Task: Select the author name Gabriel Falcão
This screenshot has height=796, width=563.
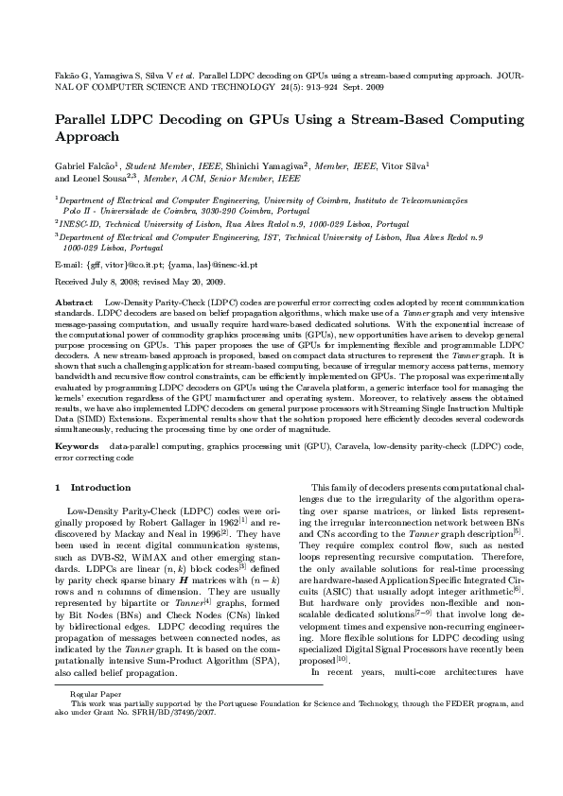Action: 87,164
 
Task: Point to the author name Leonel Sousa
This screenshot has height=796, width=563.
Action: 95,177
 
